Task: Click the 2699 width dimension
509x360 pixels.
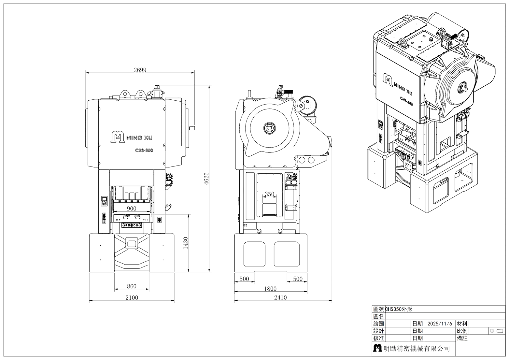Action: click(x=140, y=70)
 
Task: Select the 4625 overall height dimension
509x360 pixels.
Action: click(x=206, y=179)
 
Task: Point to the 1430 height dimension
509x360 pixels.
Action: click(x=186, y=243)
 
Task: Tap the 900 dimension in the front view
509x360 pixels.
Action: click(x=132, y=209)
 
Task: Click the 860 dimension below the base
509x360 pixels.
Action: click(x=132, y=286)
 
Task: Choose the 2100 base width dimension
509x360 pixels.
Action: click(x=132, y=297)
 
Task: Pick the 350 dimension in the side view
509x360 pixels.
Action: click(x=270, y=194)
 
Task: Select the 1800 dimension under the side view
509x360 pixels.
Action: click(x=270, y=289)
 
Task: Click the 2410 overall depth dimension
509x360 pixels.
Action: click(x=280, y=297)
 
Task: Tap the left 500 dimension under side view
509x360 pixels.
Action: click(x=244, y=279)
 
